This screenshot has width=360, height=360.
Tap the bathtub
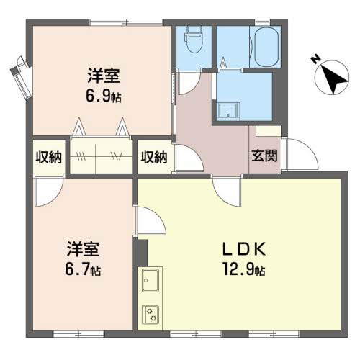pyautogui.click(x=266, y=47)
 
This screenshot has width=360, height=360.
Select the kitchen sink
pyautogui.click(x=150, y=280)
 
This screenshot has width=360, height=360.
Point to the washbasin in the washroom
pyautogui.click(x=228, y=111)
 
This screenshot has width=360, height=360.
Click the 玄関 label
pyautogui.click(x=264, y=156)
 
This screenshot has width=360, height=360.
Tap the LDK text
pyautogui.click(x=244, y=249)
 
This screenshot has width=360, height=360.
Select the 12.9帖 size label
pyautogui.click(x=244, y=269)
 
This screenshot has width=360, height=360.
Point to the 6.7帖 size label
pyautogui.click(x=83, y=269)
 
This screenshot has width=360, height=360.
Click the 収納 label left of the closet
pyautogui.click(x=49, y=158)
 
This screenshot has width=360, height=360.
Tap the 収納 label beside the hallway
pyautogui.click(x=154, y=158)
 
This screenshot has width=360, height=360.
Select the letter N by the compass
pyautogui.click(x=315, y=59)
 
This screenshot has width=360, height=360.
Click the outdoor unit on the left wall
pyautogui.click(x=21, y=77)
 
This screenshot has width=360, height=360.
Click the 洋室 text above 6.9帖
pyautogui.click(x=104, y=76)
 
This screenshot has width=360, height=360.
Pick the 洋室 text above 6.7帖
pyautogui.click(x=83, y=249)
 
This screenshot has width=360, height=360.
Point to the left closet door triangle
pyautogui.click(x=78, y=127)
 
